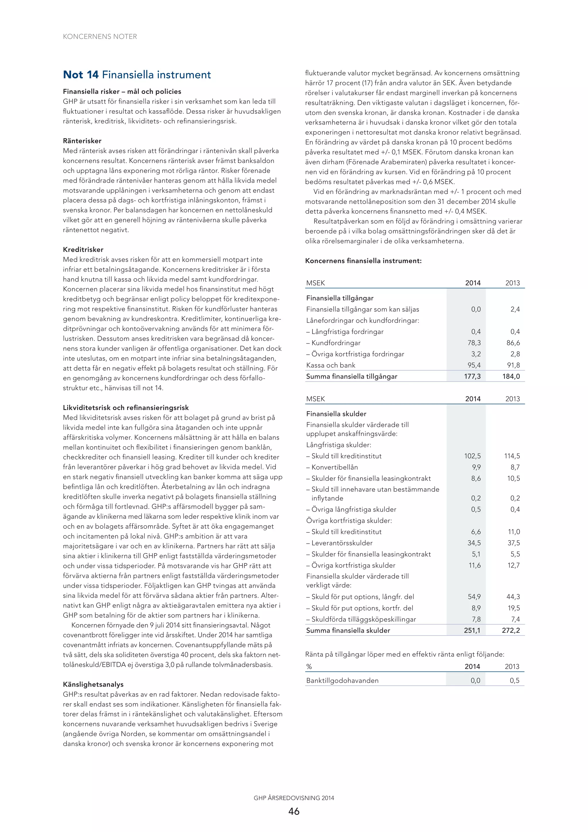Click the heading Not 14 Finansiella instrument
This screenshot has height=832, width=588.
pyautogui.click(x=137, y=75)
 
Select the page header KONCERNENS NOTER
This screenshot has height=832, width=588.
pyautogui.click(x=100, y=36)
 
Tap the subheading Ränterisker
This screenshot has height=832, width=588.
pyautogui.click(x=82, y=141)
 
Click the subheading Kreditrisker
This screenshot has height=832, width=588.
pyautogui.click(x=83, y=250)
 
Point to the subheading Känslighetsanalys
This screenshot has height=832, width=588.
pyautogui.click(x=93, y=684)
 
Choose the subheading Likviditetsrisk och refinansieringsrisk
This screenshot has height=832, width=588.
pyautogui.click(x=126, y=408)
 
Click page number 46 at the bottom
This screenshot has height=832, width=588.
pyautogui.click(x=294, y=811)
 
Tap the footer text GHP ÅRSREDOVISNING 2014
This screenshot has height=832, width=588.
pyautogui.click(x=294, y=798)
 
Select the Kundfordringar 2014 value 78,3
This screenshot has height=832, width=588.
pyautogui.click(x=474, y=343)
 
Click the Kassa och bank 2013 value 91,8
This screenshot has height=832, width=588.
pyautogui.click(x=513, y=365)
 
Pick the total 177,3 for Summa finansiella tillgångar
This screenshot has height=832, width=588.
pyautogui.click(x=472, y=377)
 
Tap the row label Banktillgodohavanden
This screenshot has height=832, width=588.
pyautogui.click(x=342, y=681)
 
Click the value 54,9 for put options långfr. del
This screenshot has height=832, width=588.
pyautogui.click(x=474, y=597)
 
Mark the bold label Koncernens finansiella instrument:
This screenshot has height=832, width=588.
pyautogui.click(x=363, y=261)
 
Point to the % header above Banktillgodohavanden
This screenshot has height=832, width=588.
pyautogui.click(x=309, y=667)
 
